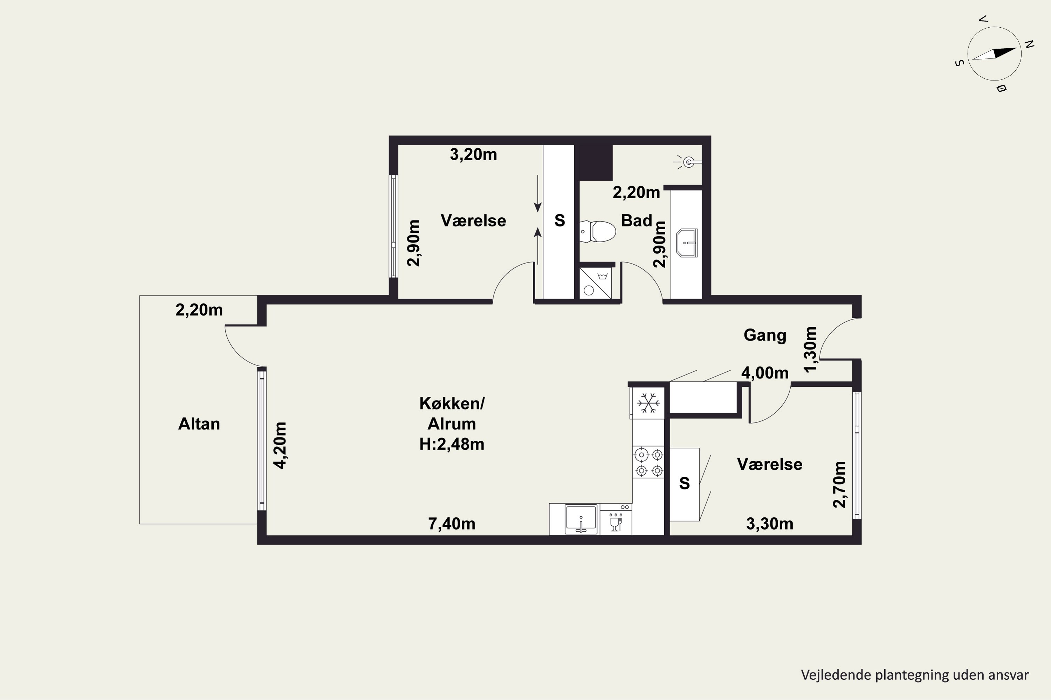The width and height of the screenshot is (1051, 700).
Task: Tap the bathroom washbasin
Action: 687,243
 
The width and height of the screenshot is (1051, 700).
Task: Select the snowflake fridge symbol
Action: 648,403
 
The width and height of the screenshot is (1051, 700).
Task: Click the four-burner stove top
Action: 649,462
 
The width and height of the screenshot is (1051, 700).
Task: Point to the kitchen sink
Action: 581,519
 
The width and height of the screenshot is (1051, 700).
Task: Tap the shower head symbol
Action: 687,162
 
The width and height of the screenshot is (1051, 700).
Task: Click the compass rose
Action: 995,54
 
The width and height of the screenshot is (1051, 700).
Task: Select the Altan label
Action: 199,423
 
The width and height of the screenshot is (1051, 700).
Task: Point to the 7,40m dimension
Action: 452,524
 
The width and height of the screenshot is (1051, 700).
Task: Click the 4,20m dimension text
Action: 280,445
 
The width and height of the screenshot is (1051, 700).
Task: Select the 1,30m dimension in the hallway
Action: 811,349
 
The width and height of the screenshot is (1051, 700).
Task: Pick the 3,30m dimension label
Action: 769,524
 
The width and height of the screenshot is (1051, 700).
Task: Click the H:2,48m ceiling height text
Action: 452,444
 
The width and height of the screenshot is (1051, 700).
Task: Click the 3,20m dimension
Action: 473,154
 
